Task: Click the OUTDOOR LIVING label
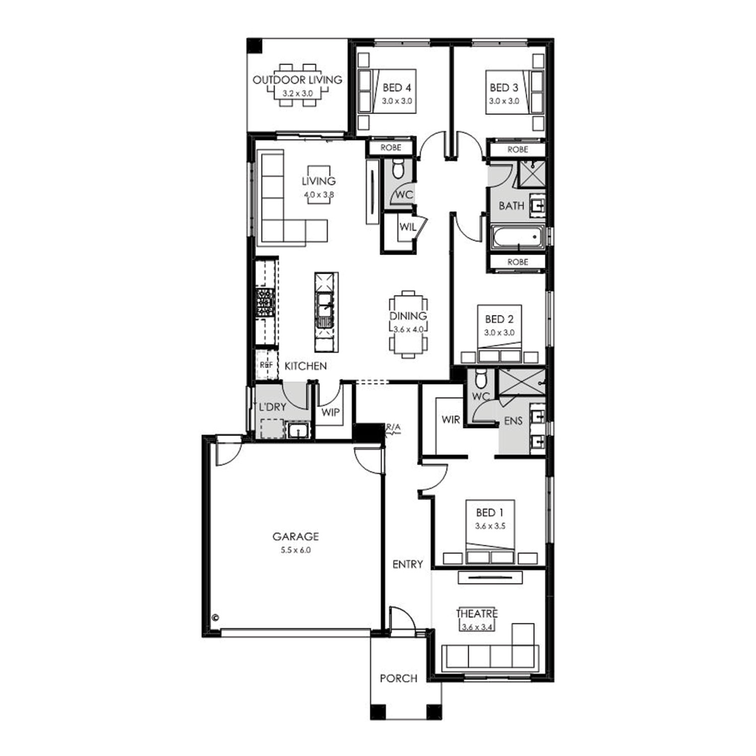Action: coord(297,80)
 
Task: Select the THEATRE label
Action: coord(477,613)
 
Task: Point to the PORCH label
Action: coord(399,678)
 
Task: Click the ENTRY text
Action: coord(407,564)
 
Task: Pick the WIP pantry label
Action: coord(331,412)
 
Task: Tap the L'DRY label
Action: coord(272,407)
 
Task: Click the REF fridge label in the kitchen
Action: coord(266,365)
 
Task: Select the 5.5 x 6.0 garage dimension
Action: coord(296,550)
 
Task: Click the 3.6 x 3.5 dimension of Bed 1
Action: coord(490,526)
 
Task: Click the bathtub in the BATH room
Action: coord(517,237)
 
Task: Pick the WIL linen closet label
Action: coord(408,227)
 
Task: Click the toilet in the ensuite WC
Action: coord(481,376)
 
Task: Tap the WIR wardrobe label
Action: coord(451,419)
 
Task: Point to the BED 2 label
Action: coord(499,319)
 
